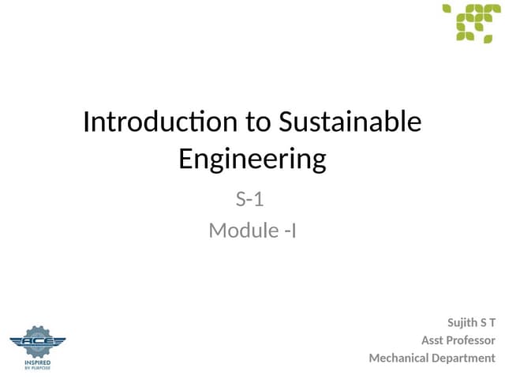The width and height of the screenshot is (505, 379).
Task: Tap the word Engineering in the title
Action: tap(252, 159)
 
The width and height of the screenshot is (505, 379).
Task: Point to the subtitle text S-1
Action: tap(249, 199)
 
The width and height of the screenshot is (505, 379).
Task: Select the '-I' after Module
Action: tap(290, 231)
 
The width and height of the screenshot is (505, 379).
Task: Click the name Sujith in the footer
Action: tap(462, 322)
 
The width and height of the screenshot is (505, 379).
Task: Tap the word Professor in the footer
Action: tap(470, 340)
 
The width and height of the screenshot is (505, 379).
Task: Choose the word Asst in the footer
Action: tap(432, 340)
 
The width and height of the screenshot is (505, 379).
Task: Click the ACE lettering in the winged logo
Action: tap(38, 341)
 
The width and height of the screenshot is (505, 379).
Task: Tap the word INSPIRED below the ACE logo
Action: tap(38, 362)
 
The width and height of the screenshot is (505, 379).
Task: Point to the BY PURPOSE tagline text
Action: tap(38, 368)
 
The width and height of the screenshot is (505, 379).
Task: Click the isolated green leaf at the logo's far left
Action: tap(447, 9)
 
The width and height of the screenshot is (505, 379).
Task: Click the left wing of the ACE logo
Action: tap(17, 341)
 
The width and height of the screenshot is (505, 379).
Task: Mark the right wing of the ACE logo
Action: tap(58, 341)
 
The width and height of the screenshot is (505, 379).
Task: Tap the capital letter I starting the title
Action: tap(86, 122)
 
